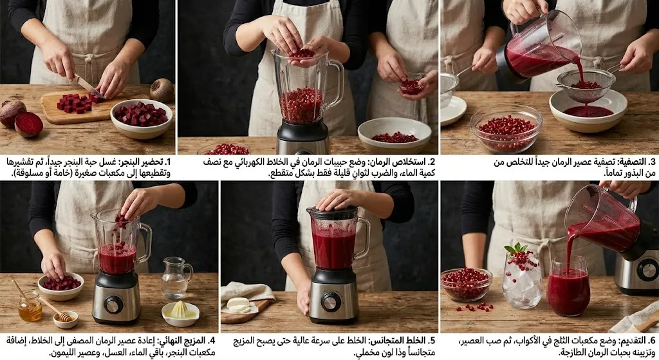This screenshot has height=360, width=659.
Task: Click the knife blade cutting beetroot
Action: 88,86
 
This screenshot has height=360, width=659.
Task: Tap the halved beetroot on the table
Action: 28,124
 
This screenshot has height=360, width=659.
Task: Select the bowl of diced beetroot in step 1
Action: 141,118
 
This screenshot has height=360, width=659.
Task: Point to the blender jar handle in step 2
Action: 335,83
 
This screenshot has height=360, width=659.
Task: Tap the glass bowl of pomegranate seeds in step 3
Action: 506,128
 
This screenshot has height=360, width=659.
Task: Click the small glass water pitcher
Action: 176,278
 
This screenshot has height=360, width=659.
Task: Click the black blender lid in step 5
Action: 333,213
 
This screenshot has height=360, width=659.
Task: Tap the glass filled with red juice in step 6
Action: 568,287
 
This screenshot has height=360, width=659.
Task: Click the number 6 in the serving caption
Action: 653,341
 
